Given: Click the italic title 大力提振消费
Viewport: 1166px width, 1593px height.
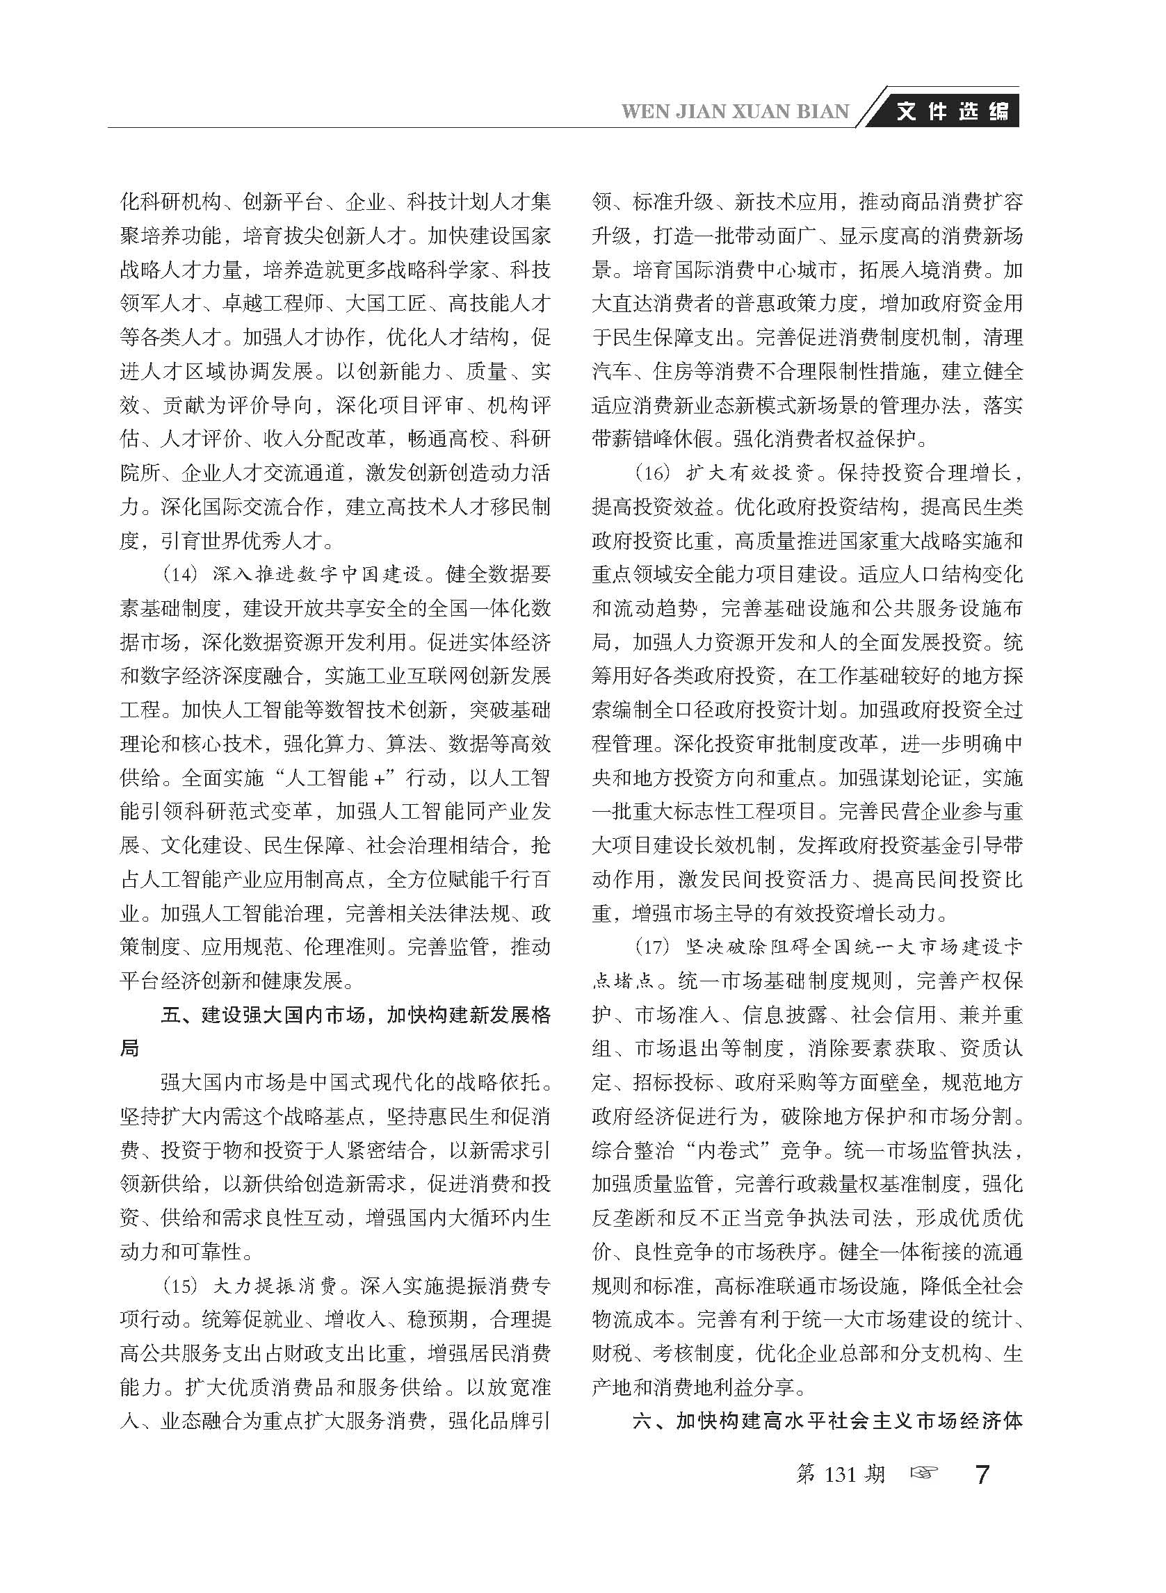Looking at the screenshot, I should click(x=274, y=1286).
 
